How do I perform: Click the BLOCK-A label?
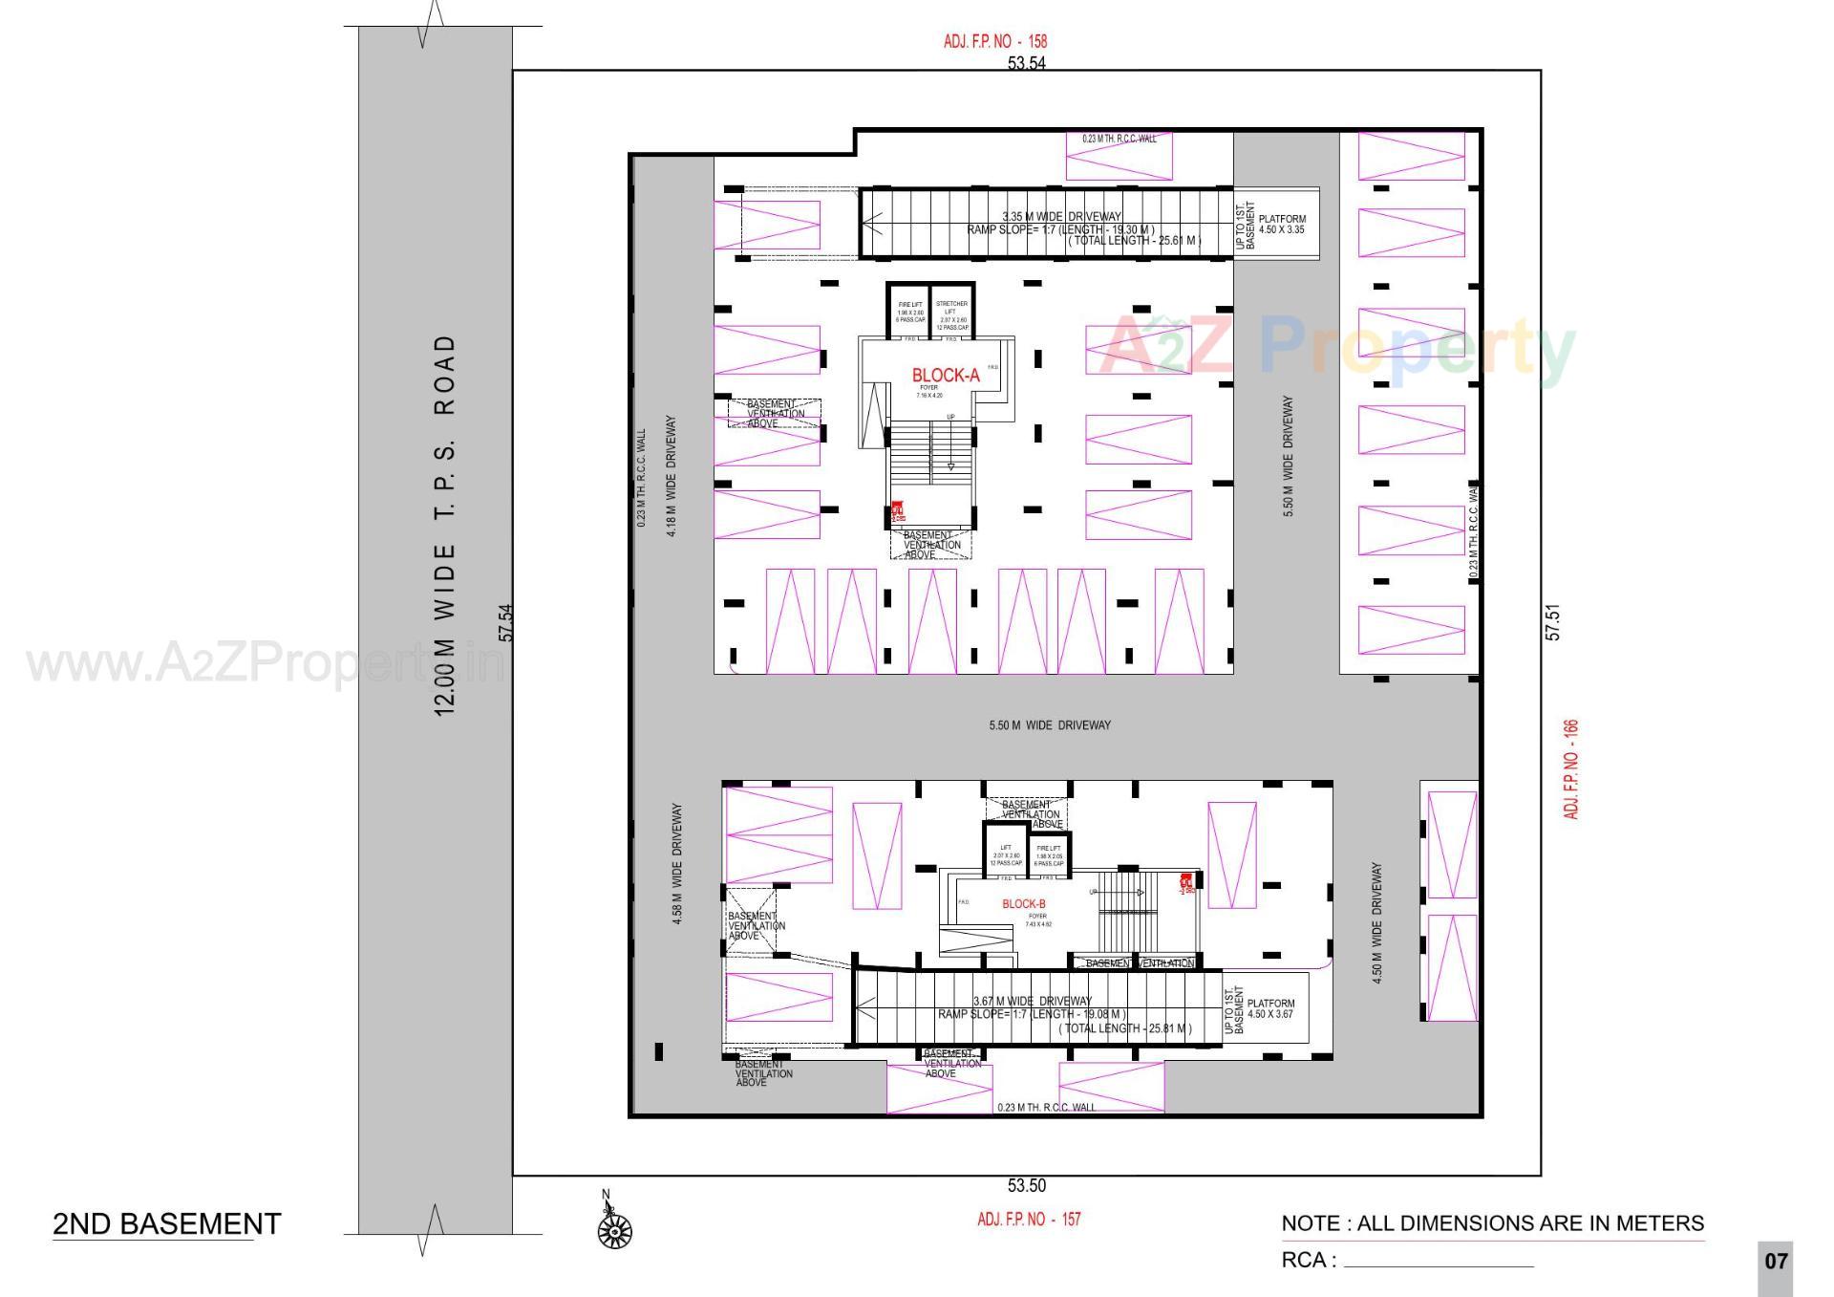(x=945, y=376)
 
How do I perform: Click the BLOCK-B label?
(x=1023, y=904)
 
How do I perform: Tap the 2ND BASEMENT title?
(x=166, y=1224)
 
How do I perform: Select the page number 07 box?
(x=1775, y=1262)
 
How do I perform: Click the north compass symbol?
(x=614, y=1230)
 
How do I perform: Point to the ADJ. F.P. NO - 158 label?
(x=994, y=41)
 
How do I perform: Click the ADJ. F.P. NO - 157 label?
(x=1029, y=1220)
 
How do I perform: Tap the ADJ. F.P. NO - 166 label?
(x=1570, y=769)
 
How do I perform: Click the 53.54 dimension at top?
(x=1026, y=64)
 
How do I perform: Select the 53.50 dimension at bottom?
(x=1026, y=1186)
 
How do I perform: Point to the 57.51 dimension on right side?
(x=1553, y=621)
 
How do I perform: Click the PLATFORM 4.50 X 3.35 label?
(x=1281, y=225)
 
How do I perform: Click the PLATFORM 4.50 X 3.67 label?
(x=1270, y=1009)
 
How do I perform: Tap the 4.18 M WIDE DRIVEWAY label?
(x=671, y=476)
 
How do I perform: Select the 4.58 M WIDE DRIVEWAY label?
(x=677, y=863)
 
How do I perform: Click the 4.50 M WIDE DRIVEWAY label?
(x=1376, y=923)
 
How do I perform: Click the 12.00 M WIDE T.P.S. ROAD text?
(x=445, y=526)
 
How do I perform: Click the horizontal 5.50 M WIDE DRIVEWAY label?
(x=1050, y=725)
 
